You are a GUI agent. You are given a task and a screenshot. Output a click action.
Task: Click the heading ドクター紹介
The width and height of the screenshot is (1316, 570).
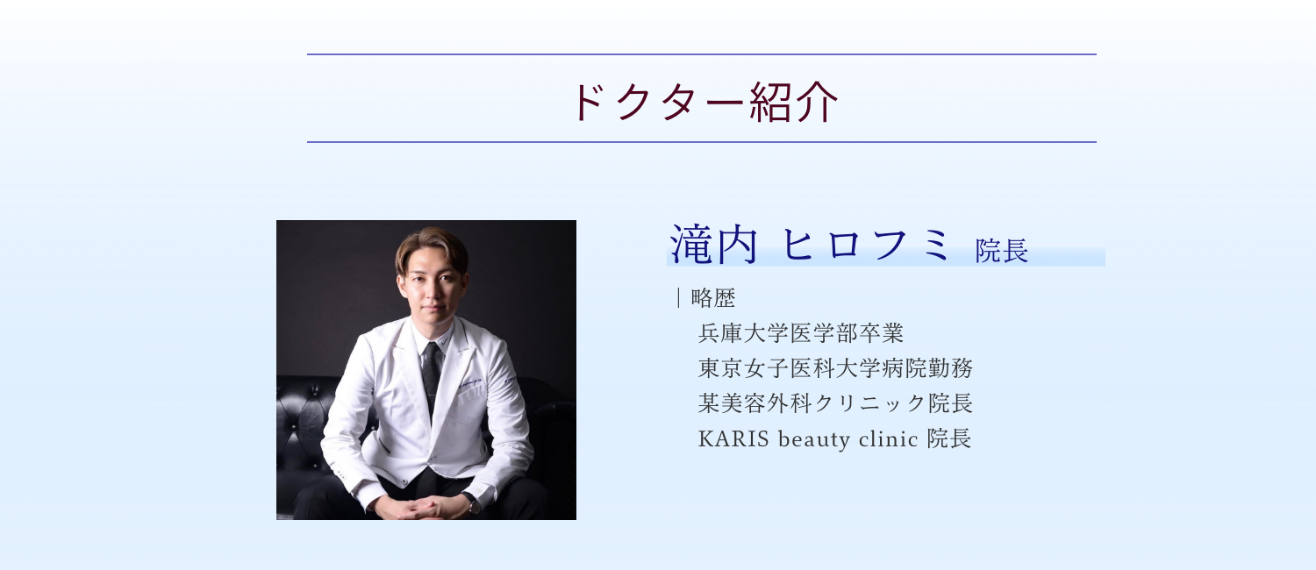(x=704, y=102)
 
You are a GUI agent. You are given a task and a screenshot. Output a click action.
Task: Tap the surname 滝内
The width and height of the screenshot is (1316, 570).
(x=713, y=244)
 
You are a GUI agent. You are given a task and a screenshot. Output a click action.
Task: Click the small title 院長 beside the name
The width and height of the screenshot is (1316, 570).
(x=1002, y=251)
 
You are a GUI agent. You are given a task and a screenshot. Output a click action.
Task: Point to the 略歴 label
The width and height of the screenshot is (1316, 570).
(x=713, y=298)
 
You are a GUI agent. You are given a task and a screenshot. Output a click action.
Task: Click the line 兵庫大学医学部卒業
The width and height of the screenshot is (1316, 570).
(x=801, y=333)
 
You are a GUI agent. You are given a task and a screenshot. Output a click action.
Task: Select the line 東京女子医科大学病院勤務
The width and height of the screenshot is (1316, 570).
(x=835, y=368)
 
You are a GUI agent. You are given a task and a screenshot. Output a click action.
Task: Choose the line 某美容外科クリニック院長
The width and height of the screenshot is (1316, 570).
(x=835, y=403)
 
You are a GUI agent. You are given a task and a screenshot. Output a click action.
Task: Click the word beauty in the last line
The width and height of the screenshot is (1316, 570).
(x=813, y=439)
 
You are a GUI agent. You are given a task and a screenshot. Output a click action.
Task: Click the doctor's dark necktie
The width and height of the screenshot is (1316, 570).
(x=432, y=375)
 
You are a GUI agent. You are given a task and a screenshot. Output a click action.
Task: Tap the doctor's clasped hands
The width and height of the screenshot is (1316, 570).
(x=423, y=507)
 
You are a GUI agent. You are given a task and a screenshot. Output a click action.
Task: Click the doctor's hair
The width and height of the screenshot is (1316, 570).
(x=432, y=246)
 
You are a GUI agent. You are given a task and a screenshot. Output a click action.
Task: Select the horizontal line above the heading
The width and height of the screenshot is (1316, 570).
(x=702, y=54)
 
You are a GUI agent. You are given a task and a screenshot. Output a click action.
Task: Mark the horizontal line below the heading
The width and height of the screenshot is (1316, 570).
(x=702, y=142)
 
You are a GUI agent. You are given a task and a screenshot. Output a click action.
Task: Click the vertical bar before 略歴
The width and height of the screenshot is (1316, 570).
(x=678, y=298)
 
